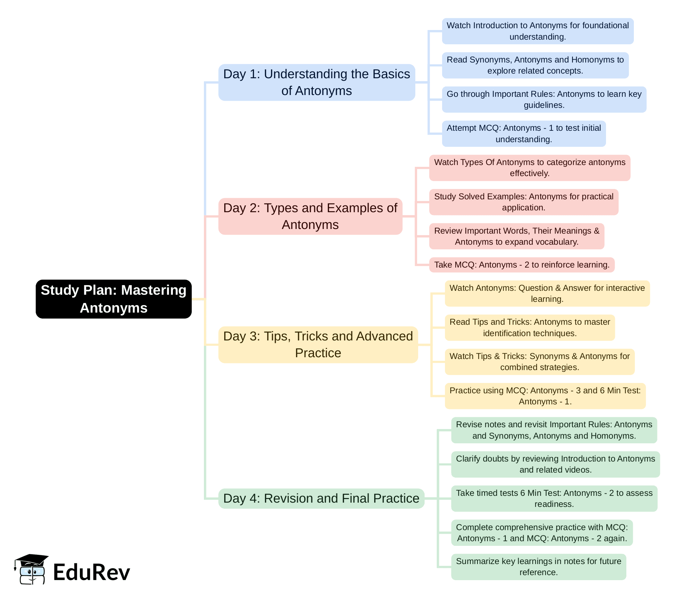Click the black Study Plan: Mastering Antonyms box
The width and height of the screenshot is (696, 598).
pyautogui.click(x=114, y=299)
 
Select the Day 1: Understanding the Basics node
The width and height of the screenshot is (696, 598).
pyautogui.click(x=316, y=82)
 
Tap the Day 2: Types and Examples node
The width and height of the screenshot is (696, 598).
pyautogui.click(x=310, y=216)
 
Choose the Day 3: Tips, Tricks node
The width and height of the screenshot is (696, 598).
pyautogui.click(x=318, y=344)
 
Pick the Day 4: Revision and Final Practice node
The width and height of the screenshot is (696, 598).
pyautogui.click(x=321, y=498)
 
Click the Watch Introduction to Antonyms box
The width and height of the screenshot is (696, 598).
pyautogui.click(x=537, y=31)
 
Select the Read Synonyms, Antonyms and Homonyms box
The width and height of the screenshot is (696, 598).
pyautogui.click(x=535, y=65)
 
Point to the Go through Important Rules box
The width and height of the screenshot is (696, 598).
pyautogui.click(x=544, y=99)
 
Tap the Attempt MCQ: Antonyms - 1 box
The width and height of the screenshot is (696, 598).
pyautogui.click(x=524, y=134)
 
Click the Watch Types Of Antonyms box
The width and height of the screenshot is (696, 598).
pyautogui.click(x=530, y=168)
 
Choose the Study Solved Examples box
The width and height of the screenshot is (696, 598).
pyautogui.click(x=524, y=202)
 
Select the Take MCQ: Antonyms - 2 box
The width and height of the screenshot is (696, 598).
pyautogui.click(x=521, y=265)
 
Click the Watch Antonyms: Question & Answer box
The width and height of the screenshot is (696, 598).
pyautogui.click(x=547, y=293)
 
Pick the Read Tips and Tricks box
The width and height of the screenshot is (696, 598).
pyautogui.click(x=530, y=328)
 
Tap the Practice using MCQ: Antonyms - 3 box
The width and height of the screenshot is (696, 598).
pyautogui.click(x=545, y=396)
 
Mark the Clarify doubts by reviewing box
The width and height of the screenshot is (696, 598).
pyautogui.click(x=555, y=464)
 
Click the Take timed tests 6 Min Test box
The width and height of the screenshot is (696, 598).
pyautogui.click(x=554, y=498)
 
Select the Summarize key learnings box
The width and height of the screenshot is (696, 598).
pyautogui.click(x=539, y=567)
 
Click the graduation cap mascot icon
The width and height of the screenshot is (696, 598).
pyautogui.click(x=31, y=569)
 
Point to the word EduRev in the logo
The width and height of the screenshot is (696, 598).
pyautogui.click(x=91, y=572)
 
